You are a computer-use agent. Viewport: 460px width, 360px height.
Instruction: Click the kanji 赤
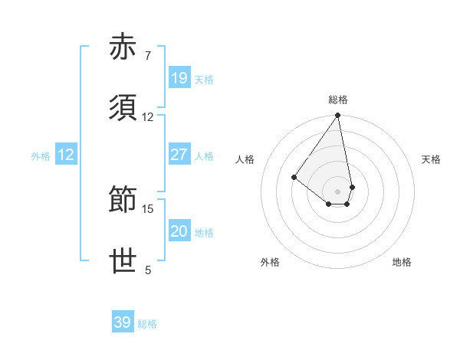[x=124, y=47]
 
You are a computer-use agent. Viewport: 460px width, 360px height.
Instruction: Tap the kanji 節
[x=124, y=201]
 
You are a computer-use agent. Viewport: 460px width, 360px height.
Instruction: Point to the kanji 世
[x=124, y=261]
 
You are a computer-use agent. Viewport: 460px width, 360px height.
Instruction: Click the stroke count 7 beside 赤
[x=148, y=56]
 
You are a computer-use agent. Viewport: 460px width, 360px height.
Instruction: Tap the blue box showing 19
[x=179, y=78]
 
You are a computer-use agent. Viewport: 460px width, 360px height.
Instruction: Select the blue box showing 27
[x=179, y=155]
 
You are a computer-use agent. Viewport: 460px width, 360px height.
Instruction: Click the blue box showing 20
[x=179, y=231]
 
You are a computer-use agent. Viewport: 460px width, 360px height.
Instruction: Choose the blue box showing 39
[x=123, y=322]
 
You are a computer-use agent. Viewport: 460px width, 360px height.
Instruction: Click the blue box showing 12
[x=66, y=155]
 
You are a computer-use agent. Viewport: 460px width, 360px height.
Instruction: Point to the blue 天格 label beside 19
[x=204, y=79]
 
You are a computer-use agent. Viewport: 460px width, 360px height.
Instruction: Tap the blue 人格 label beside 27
[x=204, y=155]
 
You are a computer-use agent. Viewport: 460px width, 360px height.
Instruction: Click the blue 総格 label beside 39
[x=147, y=323]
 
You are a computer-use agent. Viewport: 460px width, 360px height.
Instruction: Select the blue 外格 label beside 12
[x=41, y=155]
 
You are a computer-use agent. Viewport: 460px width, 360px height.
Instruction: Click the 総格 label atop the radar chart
[x=338, y=100]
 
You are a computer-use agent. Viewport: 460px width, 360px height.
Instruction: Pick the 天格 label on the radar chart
[x=432, y=159]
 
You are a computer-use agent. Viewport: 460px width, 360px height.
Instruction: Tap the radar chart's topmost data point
[x=338, y=116]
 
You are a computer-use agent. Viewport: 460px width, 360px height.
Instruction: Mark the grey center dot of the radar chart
[x=338, y=191]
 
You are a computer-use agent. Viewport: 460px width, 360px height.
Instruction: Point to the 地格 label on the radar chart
[x=402, y=262]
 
